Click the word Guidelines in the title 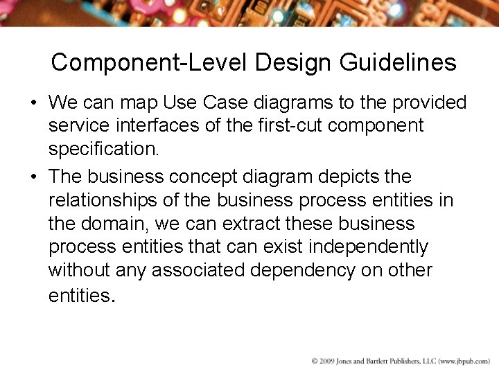pyautogui.click(x=398, y=62)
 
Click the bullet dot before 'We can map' pyautogui.click(x=33, y=103)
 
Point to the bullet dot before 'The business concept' pyautogui.click(x=33, y=177)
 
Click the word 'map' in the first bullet pyautogui.click(x=139, y=103)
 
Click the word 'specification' pyautogui.click(x=103, y=149)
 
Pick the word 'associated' pyautogui.click(x=198, y=270)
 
